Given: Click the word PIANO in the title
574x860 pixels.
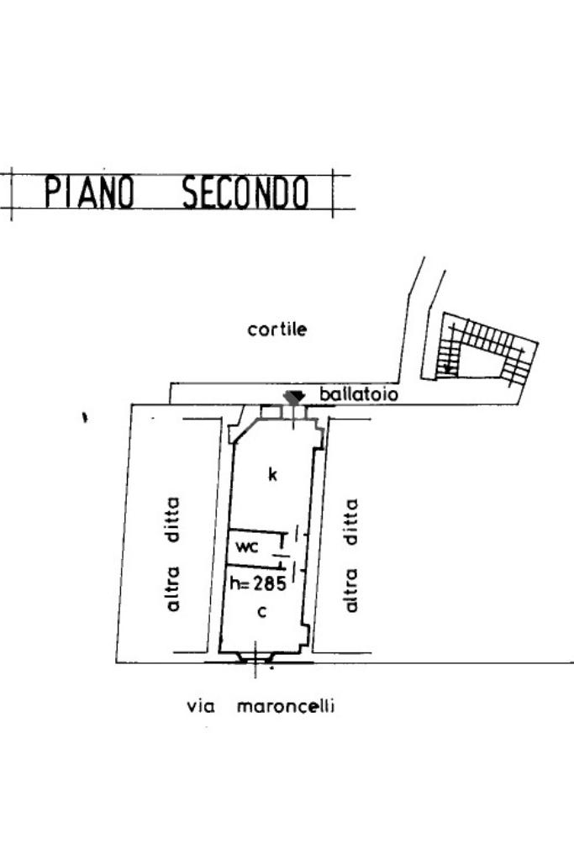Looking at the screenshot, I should click(x=89, y=193).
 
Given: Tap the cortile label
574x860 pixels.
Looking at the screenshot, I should click(x=277, y=330).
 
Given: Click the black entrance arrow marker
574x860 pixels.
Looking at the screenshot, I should click(x=293, y=397).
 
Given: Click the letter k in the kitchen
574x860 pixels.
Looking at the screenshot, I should click(x=271, y=475).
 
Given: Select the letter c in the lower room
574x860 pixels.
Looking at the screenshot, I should click(x=262, y=612).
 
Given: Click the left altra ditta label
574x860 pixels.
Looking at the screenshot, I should click(x=174, y=553).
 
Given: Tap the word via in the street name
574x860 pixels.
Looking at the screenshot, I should click(x=199, y=706).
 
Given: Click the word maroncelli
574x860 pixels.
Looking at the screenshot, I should click(x=285, y=706).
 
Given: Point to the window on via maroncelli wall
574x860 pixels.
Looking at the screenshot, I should click(x=255, y=659).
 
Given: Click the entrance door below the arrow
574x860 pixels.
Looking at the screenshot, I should click(x=293, y=412).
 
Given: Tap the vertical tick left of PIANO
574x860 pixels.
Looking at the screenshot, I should click(x=11, y=193).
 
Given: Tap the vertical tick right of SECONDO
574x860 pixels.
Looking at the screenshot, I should click(x=334, y=193).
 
